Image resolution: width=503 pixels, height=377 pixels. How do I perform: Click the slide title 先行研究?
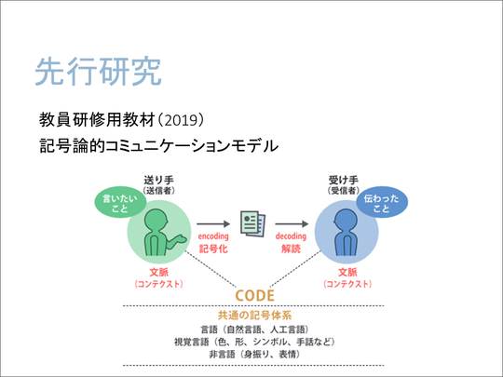[98, 71]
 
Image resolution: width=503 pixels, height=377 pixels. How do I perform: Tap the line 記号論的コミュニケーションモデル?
[158, 146]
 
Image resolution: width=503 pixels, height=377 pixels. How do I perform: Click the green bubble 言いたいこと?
[120, 203]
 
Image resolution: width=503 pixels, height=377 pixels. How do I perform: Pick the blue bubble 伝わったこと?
[382, 203]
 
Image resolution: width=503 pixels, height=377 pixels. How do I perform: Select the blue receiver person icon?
[346, 233]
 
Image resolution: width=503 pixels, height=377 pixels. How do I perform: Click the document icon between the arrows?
[253, 223]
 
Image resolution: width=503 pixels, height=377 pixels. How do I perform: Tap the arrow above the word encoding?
[213, 223]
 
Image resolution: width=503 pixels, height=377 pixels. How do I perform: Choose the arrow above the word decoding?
[292, 223]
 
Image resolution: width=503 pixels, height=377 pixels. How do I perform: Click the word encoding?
[213, 236]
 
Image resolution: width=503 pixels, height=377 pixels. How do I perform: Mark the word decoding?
[291, 236]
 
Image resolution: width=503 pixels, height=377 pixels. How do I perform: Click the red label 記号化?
[213, 249]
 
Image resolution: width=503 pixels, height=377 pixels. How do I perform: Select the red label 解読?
[291, 249]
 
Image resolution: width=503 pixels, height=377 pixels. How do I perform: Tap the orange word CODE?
[255, 296]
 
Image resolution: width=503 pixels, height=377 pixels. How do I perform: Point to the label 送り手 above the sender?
[158, 180]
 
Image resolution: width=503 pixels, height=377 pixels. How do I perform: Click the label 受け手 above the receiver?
[343, 180]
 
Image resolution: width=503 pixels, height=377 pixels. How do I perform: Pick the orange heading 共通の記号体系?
[254, 316]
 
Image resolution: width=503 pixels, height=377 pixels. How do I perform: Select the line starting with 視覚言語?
[254, 342]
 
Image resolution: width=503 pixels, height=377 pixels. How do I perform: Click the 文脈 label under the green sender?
[158, 273]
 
